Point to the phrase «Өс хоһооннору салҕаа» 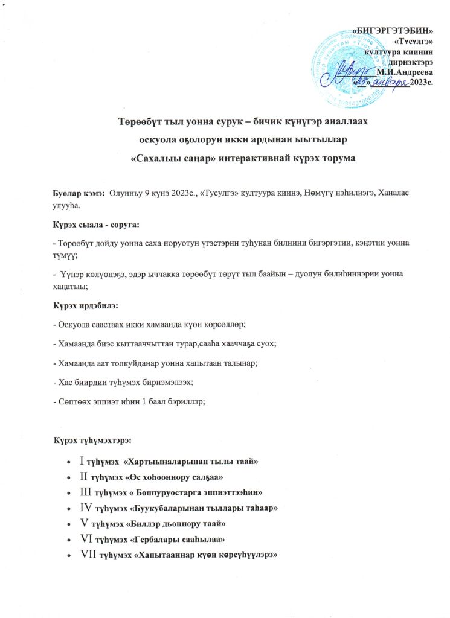174,477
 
